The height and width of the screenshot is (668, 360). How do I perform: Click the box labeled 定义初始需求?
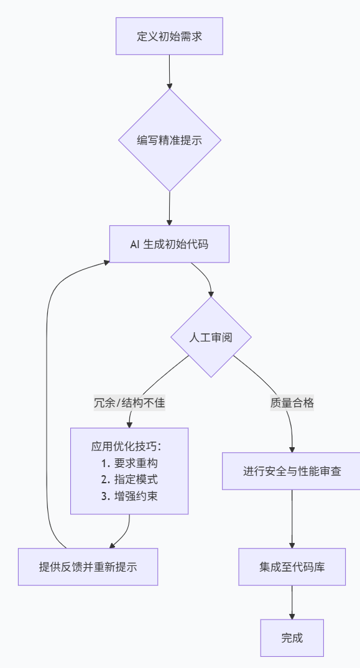[169, 36]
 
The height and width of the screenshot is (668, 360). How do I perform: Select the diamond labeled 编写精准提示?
[169, 140]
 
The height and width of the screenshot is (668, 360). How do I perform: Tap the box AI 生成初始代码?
[169, 244]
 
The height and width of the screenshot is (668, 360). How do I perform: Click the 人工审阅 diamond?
[211, 337]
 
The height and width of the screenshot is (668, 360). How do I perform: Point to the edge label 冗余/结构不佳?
[129, 402]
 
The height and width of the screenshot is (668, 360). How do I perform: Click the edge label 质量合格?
[292, 402]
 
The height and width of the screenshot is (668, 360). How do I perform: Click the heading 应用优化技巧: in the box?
[130, 447]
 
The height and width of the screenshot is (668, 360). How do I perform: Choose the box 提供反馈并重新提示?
[88, 567]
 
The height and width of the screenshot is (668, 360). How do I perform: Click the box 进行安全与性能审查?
[292, 471]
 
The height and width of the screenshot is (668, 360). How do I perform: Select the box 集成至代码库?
[292, 567]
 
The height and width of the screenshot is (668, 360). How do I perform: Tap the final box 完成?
[292, 638]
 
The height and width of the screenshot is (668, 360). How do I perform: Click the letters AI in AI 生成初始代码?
[135, 244]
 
